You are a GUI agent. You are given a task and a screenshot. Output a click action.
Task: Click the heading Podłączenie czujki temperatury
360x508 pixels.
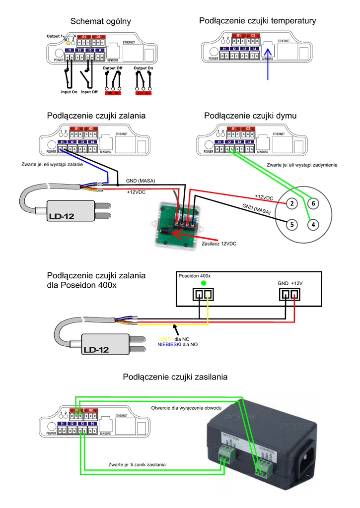tap(257, 20)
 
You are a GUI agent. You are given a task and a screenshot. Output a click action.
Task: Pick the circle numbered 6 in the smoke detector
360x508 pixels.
tap(313, 203)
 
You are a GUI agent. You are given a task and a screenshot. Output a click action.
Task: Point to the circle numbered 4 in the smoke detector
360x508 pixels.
tap(313, 224)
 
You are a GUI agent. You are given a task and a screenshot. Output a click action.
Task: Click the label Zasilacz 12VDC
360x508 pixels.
tap(219, 244)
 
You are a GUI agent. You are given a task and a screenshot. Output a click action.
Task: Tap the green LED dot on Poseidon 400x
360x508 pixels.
tap(203, 283)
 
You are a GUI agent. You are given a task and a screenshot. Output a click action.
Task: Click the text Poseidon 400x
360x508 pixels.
tap(195, 275)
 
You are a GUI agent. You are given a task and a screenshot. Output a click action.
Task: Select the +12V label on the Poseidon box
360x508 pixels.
tap(296, 283)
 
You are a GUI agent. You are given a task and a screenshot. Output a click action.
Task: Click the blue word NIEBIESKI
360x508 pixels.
tap(169, 344)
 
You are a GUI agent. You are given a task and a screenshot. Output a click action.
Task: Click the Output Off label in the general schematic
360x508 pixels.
tap(112, 68)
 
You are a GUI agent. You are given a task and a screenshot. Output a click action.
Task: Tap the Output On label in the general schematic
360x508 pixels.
tap(144, 68)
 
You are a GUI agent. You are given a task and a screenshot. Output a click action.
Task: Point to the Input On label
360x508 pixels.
tap(69, 92)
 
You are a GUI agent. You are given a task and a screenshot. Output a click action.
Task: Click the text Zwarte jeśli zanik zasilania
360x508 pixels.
tap(137, 464)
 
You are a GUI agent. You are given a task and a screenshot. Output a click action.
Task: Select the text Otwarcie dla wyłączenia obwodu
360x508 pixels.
tap(186, 407)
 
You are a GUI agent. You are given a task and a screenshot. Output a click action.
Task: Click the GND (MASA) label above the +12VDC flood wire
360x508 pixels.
tap(140, 181)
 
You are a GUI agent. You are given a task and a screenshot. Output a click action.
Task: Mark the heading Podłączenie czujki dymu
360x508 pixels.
tap(250, 116)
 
